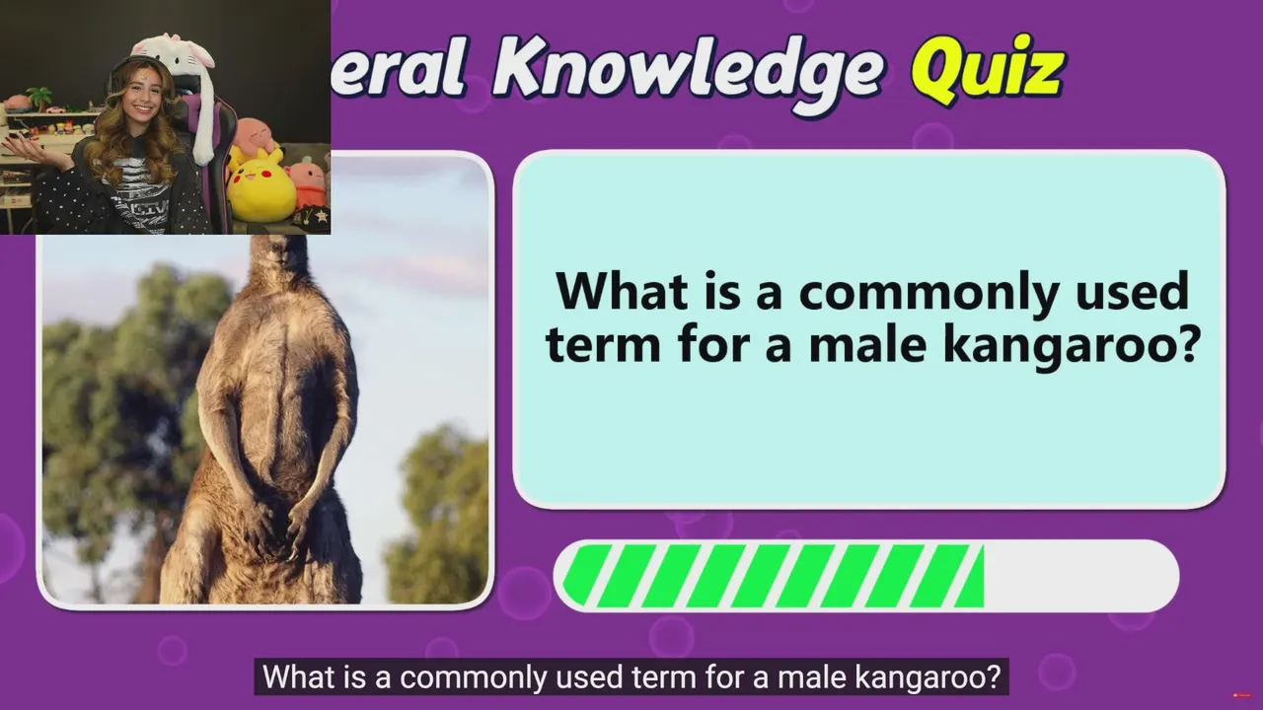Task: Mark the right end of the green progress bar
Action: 983,575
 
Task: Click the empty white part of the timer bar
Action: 1079,575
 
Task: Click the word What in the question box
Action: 622,291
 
